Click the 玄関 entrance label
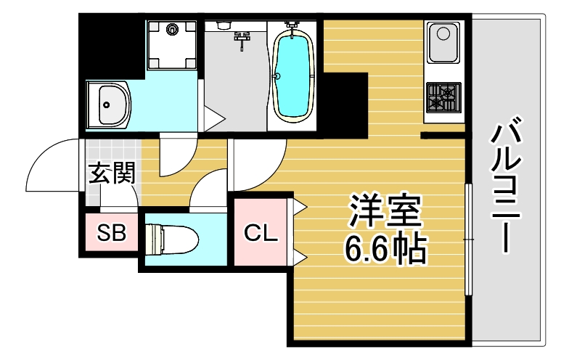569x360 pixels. [111, 174]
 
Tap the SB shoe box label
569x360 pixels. [112, 233]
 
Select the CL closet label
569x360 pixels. [261, 233]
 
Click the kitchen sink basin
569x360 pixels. [443, 42]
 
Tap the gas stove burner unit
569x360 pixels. [443, 97]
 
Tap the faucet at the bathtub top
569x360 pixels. [292, 25]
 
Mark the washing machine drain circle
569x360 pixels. [172, 30]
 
